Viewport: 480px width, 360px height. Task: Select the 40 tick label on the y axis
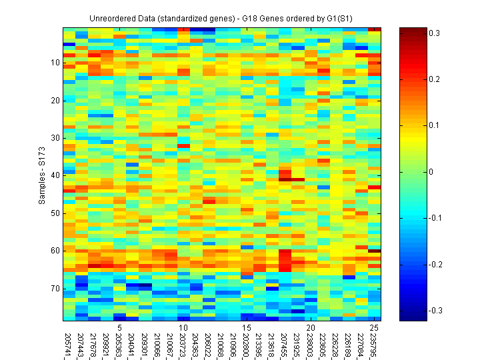point(54,175)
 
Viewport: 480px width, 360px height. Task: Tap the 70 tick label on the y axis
point(54,289)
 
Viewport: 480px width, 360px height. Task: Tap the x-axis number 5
point(118,328)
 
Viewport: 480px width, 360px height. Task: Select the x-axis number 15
point(246,328)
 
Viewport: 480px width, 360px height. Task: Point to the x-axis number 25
point(374,328)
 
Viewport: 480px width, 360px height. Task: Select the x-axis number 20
point(310,328)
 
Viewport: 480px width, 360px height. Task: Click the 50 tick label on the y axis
point(54,213)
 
